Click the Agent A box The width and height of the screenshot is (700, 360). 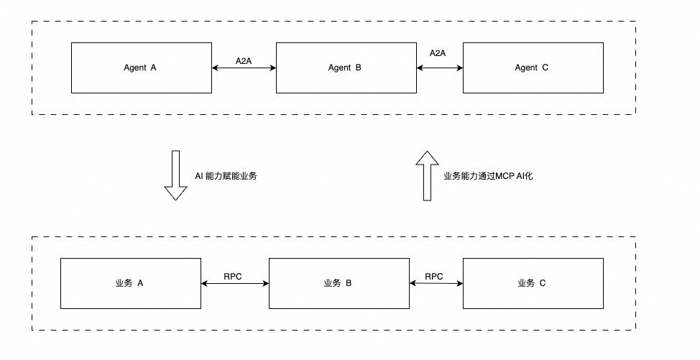coord(142,68)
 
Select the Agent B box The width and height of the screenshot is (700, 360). coord(346,68)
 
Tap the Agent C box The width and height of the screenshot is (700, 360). coord(532,68)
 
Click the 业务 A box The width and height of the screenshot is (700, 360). coord(130,283)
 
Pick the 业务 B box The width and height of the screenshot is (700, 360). coord(338,283)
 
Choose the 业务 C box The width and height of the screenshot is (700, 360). coord(532,283)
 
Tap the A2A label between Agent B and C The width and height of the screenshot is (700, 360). coord(438,53)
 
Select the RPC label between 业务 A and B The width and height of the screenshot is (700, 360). coord(233,276)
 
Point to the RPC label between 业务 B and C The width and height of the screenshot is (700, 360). coord(434,276)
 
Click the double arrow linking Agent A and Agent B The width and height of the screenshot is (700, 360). coord(244,68)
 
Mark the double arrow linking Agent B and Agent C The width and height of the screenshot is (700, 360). coord(440,68)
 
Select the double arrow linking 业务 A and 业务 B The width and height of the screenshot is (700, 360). coord(235,284)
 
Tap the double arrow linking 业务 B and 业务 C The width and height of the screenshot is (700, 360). coord(436,284)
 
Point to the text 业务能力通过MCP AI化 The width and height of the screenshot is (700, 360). coord(488,175)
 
